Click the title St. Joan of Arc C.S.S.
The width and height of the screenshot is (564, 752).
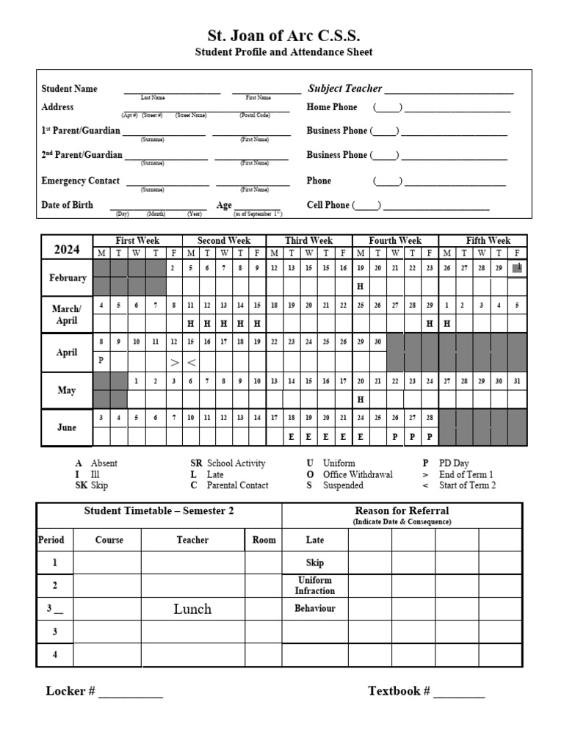pos(283,36)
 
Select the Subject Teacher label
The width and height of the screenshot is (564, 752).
pos(344,89)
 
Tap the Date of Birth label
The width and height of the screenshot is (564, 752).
pos(67,205)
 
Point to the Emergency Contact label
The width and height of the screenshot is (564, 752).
pos(80,181)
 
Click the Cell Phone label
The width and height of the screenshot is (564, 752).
pos(328,206)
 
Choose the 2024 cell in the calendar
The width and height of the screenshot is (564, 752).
pos(66,249)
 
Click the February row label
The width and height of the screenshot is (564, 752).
pos(67,278)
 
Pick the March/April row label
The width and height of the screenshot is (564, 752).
pos(67,315)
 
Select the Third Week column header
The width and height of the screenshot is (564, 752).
pos(309,241)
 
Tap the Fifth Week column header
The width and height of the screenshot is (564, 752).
pos(488,241)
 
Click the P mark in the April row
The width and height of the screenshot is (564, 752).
pos(101,361)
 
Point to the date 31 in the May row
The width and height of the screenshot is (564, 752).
pos(518,381)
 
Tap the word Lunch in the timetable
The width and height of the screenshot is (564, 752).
pos(192,609)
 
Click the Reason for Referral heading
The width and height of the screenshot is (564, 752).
pos(402,510)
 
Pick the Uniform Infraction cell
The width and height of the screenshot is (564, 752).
pos(314,585)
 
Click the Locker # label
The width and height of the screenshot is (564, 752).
pos(70,691)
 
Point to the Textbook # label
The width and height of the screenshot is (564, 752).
pos(399,691)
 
